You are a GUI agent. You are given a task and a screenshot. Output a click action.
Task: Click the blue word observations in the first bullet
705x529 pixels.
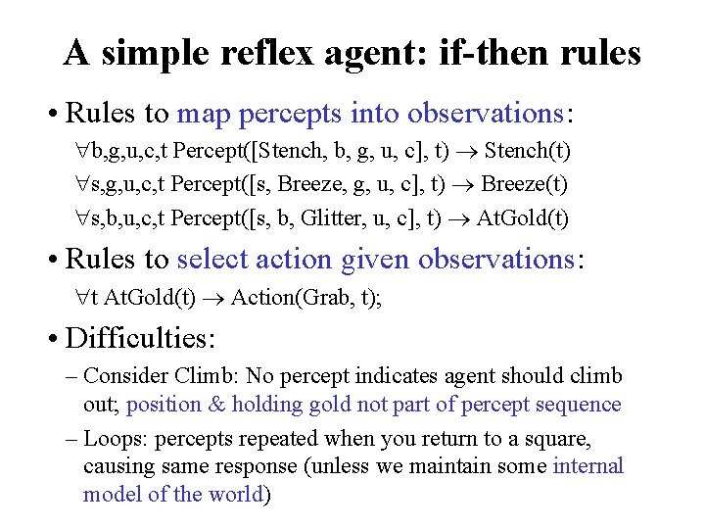pyautogui.click(x=485, y=114)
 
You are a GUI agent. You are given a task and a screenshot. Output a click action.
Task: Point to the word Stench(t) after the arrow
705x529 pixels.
pyautogui.click(x=528, y=152)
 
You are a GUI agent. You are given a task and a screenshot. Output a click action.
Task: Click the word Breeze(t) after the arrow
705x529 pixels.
pyautogui.click(x=525, y=184)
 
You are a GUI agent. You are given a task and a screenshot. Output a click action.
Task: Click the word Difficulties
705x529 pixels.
pyautogui.click(x=139, y=339)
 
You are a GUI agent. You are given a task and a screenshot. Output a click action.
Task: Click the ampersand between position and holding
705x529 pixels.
pyautogui.click(x=215, y=404)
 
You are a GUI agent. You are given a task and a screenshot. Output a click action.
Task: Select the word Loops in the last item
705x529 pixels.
pyautogui.click(x=117, y=438)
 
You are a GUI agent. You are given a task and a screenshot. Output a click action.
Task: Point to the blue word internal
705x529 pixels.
pyautogui.click(x=587, y=465)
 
